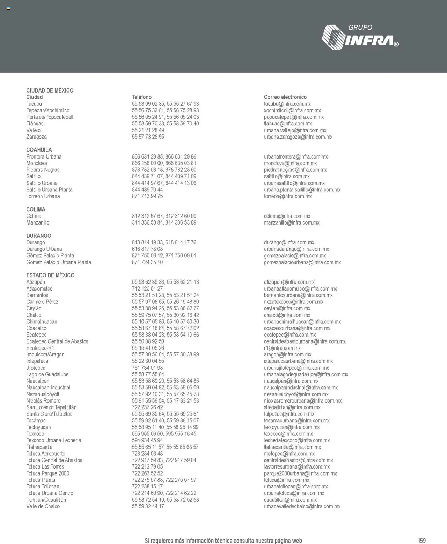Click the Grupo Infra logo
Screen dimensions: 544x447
pos(360,37)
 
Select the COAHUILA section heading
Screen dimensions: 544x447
pos(39,150)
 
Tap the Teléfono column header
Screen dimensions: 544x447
pos(142,97)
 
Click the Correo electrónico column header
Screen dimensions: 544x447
pos(285,97)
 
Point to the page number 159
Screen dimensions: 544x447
pos(422,541)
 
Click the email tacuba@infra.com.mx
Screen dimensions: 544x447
pos(287,104)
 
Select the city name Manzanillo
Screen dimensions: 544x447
pos(38,222)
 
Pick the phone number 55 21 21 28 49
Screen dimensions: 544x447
pos(148,130)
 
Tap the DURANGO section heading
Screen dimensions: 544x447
pos(39,236)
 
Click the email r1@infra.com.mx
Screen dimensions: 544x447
pos(282,348)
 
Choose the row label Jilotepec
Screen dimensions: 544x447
pos(36,368)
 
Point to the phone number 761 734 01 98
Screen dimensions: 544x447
pos(147,368)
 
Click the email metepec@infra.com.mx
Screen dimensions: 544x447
pos(289,454)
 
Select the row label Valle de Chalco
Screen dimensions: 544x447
pos(43,506)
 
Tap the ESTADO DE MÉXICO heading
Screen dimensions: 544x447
pos(50,275)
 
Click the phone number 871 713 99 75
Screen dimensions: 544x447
pos(147,196)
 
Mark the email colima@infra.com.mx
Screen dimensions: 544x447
pos(287,216)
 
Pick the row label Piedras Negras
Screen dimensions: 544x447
pos(43,170)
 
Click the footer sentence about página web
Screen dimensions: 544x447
pos(223,541)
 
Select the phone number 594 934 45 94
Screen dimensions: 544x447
pos(147,440)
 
